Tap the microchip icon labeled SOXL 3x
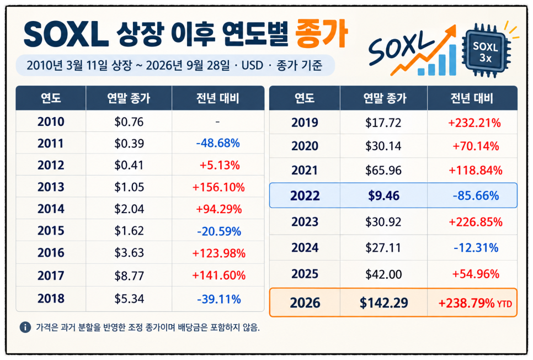point(486,51)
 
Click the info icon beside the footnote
point(25,327)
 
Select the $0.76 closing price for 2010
point(129,122)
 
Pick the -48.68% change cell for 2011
point(218,143)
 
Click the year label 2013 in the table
point(51,187)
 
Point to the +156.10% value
point(218,187)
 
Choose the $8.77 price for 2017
point(129,276)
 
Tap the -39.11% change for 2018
point(219,299)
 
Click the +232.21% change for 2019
point(475,123)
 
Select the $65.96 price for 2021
point(383,171)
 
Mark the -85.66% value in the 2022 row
point(476,195)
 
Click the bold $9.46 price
point(384,195)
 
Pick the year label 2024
point(305,248)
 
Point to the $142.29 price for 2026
point(384,303)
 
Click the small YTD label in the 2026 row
point(504,304)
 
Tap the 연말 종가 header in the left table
point(129,98)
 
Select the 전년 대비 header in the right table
point(472,98)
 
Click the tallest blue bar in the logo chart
point(452,60)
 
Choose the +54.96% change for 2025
point(476,274)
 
